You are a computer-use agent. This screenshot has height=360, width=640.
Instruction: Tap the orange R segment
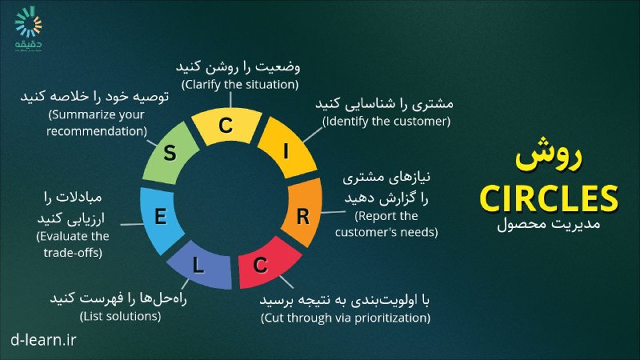tap(303, 212)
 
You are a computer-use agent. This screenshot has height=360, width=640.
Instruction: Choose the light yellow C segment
tap(226, 126)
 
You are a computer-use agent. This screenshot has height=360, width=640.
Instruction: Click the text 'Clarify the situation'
tap(240, 85)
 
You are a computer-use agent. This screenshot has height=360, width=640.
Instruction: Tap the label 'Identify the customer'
tap(386, 122)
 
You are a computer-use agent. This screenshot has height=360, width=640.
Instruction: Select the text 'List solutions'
tap(121, 316)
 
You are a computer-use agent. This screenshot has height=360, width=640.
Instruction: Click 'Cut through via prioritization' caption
tap(346, 318)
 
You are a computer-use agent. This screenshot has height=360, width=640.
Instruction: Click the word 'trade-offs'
tap(73, 252)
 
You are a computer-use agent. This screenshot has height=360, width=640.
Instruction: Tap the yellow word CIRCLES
tap(549, 198)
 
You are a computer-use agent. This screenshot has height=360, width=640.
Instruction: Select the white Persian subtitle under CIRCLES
tap(548, 224)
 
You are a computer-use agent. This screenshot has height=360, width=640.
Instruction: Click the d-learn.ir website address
tap(43, 339)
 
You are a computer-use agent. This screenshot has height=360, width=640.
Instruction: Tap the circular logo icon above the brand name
tap(28, 22)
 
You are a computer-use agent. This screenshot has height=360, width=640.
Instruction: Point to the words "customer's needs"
tap(386, 232)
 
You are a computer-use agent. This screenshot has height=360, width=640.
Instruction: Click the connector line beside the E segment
tap(132, 224)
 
